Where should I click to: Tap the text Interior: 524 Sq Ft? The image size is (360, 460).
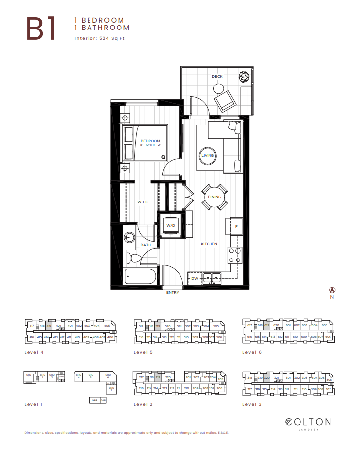pyautogui.click(x=102, y=38)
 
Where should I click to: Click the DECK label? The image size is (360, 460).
pyautogui.click(x=217, y=76)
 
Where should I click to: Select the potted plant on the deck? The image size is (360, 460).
pyautogui.click(x=244, y=77)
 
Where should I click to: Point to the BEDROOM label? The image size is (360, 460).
pyautogui.click(x=151, y=141)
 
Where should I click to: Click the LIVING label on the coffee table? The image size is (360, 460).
pyautogui.click(x=208, y=156)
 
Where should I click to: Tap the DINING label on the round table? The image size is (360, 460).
pyautogui.click(x=214, y=197)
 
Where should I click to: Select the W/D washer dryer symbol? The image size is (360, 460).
pyautogui.click(x=171, y=225)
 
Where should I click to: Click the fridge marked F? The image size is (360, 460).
pyautogui.click(x=236, y=226)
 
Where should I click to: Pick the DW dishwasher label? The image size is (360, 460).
pyautogui.click(x=195, y=279)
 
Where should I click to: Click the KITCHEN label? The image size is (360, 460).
pyautogui.click(x=209, y=244)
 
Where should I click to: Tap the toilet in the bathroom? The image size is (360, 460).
pyautogui.click(x=135, y=257)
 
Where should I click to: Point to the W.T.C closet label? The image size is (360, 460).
pyautogui.click(x=143, y=202)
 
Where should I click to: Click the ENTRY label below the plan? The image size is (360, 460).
pyautogui.click(x=173, y=292)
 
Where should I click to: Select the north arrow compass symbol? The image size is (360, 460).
pyautogui.click(x=332, y=290)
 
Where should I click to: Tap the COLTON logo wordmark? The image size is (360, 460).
pyautogui.click(x=308, y=422)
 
